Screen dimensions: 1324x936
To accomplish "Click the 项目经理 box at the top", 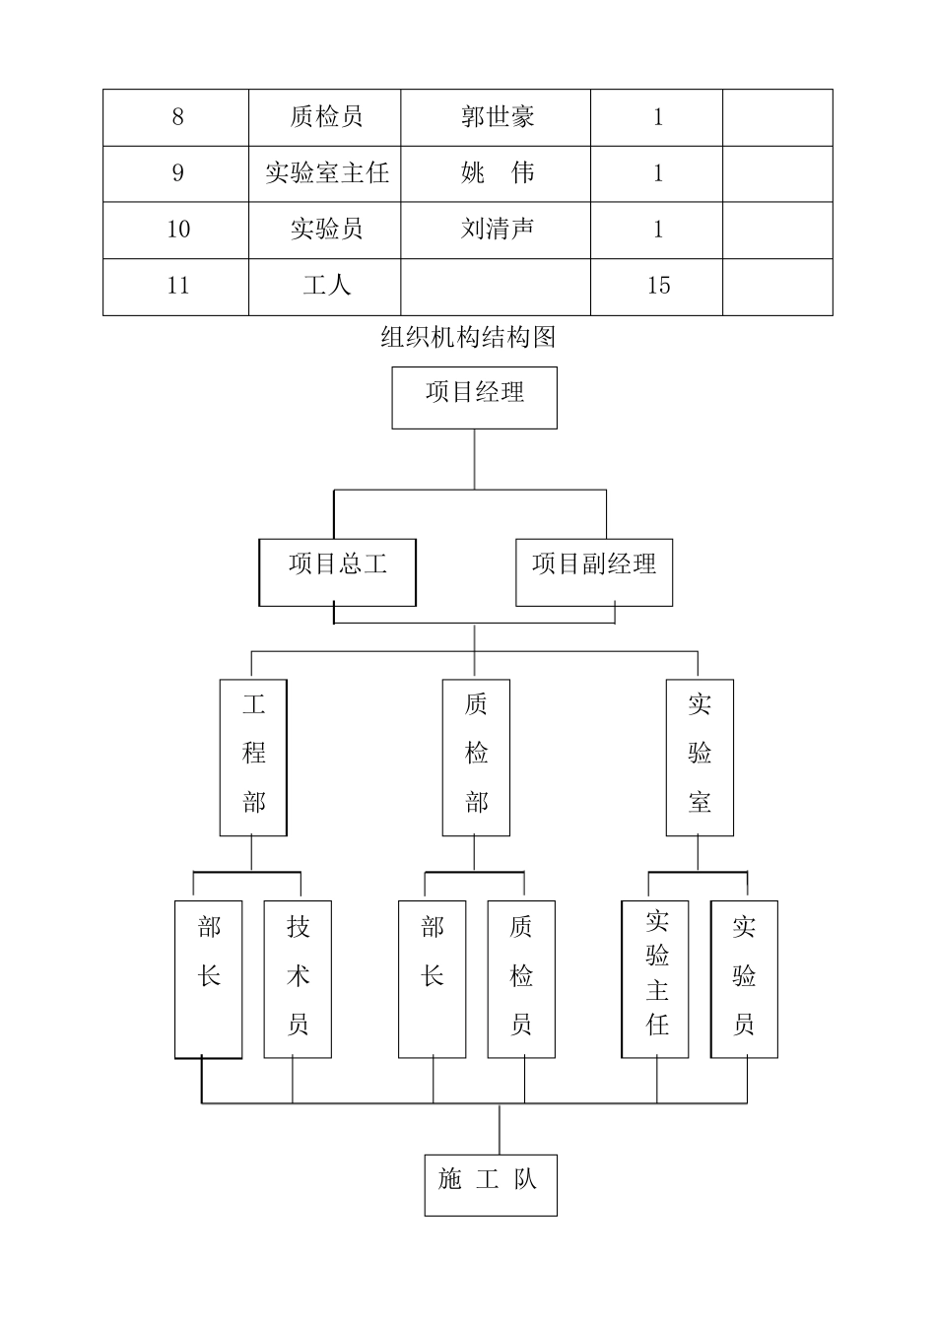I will click(x=474, y=397).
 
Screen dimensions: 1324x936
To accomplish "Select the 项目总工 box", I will click(x=337, y=571).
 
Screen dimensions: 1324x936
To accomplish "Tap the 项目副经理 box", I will click(x=594, y=571).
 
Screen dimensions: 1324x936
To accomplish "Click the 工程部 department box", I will click(x=253, y=757).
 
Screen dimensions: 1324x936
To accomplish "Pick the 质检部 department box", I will click(x=476, y=757).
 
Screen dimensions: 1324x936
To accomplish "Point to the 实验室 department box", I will click(x=700, y=757).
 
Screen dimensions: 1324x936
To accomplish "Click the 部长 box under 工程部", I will click(x=209, y=978).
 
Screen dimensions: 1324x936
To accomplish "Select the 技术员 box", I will click(x=298, y=978).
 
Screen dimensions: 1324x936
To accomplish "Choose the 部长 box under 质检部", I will click(x=433, y=978).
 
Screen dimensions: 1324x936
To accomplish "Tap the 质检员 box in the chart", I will click(x=521, y=978).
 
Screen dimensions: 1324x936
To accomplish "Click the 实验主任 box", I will click(x=655, y=978).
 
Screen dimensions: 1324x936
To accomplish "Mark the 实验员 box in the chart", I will click(x=744, y=978).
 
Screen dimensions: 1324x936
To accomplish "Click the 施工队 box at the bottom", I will click(x=491, y=1184).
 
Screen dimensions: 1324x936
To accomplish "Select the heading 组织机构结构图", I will click(x=468, y=338).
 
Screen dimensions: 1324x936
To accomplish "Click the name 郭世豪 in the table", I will click(x=497, y=117).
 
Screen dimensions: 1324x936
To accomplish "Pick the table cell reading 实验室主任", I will click(x=326, y=173).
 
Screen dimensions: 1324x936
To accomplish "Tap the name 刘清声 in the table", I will click(x=497, y=230).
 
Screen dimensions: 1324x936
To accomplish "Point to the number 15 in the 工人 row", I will click(x=658, y=287).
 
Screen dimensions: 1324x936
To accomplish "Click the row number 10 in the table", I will click(x=177, y=230).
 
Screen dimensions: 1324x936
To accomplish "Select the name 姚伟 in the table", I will click(x=497, y=173).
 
